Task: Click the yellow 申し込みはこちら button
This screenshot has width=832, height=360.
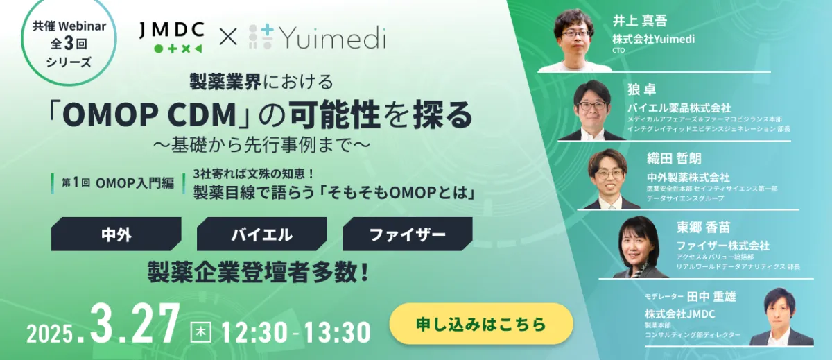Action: tap(481, 324)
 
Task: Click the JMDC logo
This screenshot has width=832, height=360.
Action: tap(170, 38)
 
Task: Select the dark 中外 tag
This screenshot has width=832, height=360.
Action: tap(116, 234)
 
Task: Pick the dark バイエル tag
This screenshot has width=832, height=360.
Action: tap(261, 234)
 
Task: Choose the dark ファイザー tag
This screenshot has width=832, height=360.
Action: tap(407, 234)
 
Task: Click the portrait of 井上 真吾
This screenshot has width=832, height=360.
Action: tap(575, 38)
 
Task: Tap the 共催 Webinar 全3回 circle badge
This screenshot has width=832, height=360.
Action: tap(67, 44)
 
